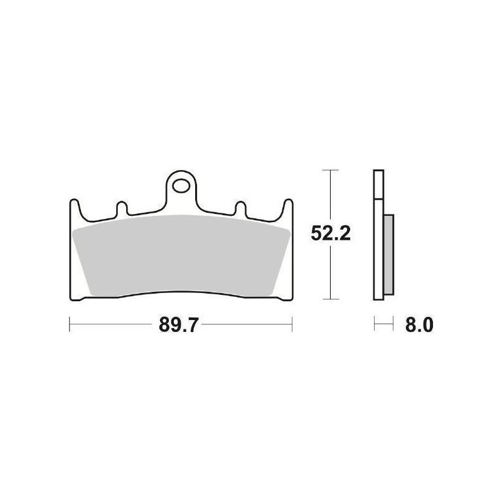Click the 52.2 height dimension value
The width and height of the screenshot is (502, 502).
tap(329, 233)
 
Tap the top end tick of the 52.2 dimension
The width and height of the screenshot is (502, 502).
tap(330, 170)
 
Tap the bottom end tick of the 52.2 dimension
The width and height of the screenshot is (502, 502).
tap(330, 297)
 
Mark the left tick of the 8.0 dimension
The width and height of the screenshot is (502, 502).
tap(375, 325)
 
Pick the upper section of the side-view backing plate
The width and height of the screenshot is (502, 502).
tap(376, 185)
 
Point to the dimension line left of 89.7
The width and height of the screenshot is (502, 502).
tap(113, 325)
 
